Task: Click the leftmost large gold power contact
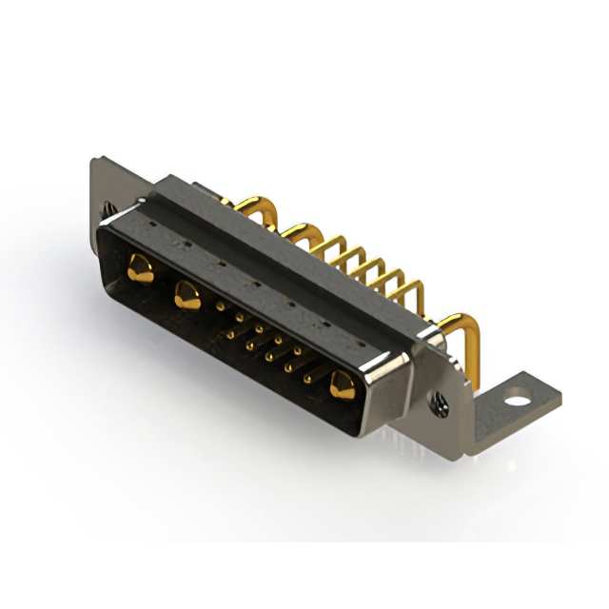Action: point(140,268)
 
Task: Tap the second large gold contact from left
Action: point(185,296)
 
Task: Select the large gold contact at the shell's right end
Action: point(342,384)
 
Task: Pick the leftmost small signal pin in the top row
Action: point(222,306)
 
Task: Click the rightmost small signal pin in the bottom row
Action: point(307,380)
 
